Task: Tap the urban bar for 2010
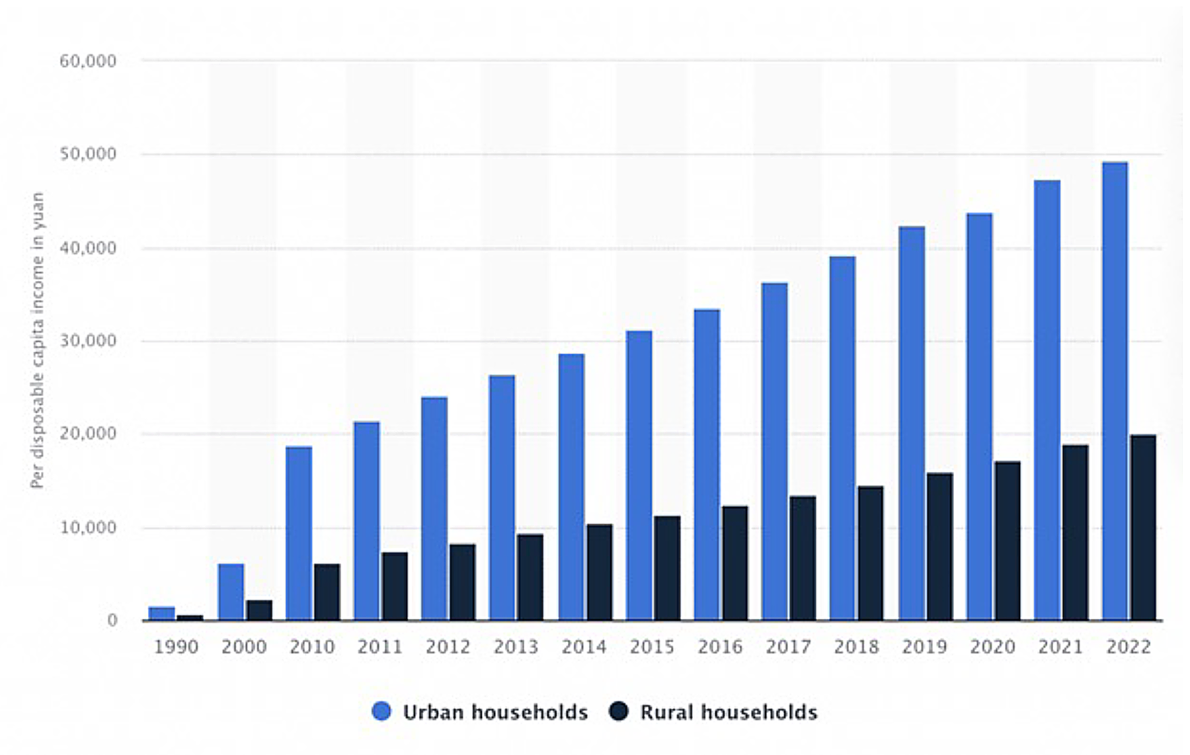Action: coord(299,534)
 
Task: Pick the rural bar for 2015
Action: coord(667,569)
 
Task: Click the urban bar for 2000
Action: coord(231,592)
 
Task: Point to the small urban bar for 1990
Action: coord(162,614)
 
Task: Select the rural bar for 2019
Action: coord(939,547)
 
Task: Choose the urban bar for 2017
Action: coord(774,452)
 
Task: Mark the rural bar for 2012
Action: coord(462,582)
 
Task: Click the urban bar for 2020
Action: coord(979,417)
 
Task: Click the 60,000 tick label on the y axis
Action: coord(88,61)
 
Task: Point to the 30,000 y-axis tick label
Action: coord(88,341)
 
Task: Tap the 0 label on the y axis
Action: coord(112,621)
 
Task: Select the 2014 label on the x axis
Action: coord(584,647)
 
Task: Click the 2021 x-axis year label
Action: coord(1060,647)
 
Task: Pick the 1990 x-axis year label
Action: coord(176,647)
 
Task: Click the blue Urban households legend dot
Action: coord(381,711)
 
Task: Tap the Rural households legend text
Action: coord(729,712)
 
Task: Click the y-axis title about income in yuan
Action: coord(38,340)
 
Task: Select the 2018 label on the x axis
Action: coord(856,647)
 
